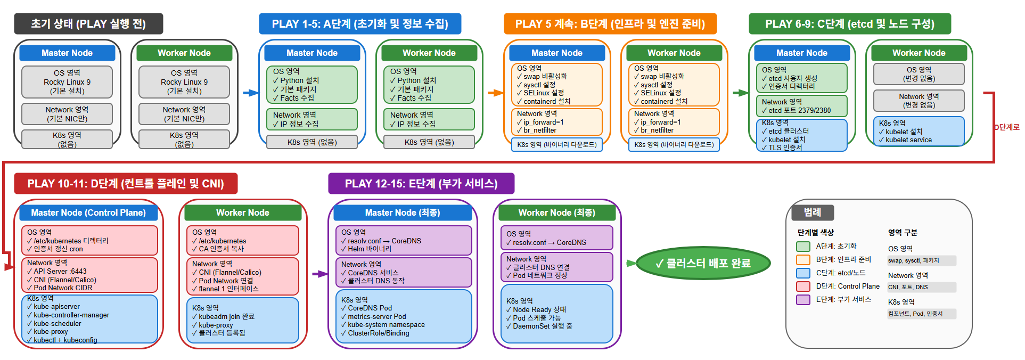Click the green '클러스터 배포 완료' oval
703,263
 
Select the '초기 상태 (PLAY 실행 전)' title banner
88,24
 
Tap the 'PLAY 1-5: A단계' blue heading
360,24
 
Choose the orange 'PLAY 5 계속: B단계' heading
610,24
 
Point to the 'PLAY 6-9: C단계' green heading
849,24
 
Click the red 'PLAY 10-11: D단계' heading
126,184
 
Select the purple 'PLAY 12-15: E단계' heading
421,184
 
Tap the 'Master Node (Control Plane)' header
88,212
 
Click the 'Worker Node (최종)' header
557,212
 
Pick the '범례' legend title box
812,212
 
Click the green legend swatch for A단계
803,247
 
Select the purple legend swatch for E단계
803,300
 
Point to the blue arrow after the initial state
250,93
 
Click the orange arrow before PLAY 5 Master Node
495,93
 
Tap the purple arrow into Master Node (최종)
320,274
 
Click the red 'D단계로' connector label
1007,127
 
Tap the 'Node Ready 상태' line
539,309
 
